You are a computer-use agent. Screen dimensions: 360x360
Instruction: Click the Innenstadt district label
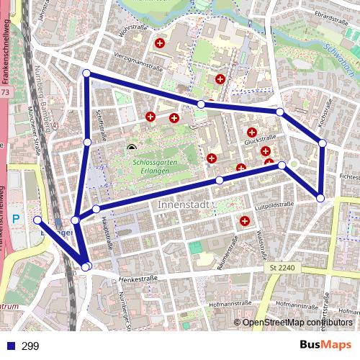point(183,205)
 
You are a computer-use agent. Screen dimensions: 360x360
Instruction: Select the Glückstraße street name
point(261,142)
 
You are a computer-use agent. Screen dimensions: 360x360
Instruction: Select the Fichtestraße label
point(348,176)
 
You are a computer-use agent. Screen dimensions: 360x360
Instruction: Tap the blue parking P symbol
point(17,218)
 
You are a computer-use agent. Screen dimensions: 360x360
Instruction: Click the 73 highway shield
point(6,93)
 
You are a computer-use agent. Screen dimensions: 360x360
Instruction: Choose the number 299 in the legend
point(30,346)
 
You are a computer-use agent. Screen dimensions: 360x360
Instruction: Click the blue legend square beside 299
point(9,346)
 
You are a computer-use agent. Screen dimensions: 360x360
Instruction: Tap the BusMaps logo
point(325,345)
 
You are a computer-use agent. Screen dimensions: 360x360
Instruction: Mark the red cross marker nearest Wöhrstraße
point(160,44)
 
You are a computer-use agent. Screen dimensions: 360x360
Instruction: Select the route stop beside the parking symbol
point(37,220)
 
